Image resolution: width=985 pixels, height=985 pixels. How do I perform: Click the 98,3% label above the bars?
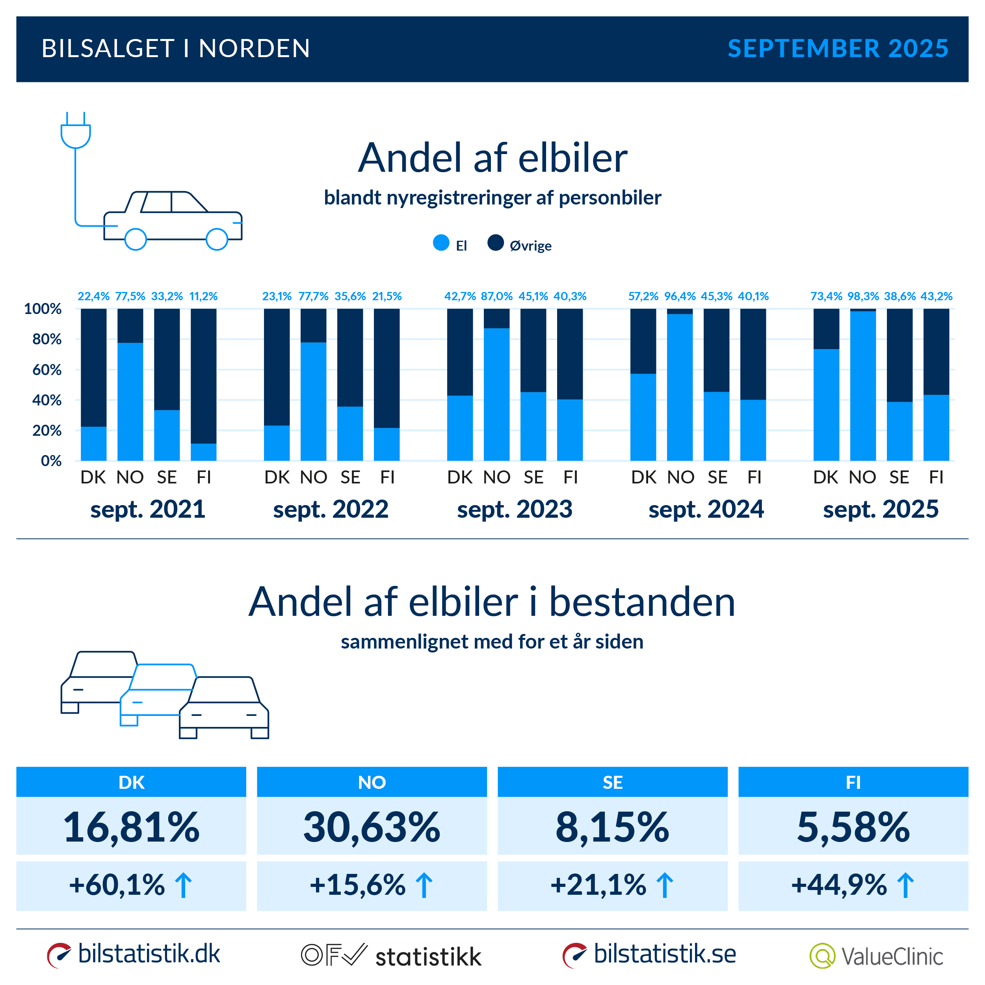(862, 296)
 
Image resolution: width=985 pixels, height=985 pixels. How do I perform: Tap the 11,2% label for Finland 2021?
(203, 296)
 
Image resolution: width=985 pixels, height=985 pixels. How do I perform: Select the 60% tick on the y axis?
(46, 370)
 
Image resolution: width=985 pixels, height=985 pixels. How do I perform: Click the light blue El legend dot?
(441, 243)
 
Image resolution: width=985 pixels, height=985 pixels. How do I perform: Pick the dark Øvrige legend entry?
(520, 245)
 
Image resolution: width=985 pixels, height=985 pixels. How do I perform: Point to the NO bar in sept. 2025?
(862, 385)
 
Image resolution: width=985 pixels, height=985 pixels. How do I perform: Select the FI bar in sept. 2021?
(203, 385)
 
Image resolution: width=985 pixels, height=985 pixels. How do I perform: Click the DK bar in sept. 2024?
(643, 385)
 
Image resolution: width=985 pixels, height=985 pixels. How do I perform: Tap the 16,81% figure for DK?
(131, 827)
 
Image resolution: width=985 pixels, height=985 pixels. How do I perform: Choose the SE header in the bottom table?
(612, 782)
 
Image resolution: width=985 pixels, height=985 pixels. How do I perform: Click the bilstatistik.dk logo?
(134, 954)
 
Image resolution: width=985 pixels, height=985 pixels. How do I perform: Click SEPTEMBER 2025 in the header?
(838, 49)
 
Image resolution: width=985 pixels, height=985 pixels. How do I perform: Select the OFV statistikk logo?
(391, 955)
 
